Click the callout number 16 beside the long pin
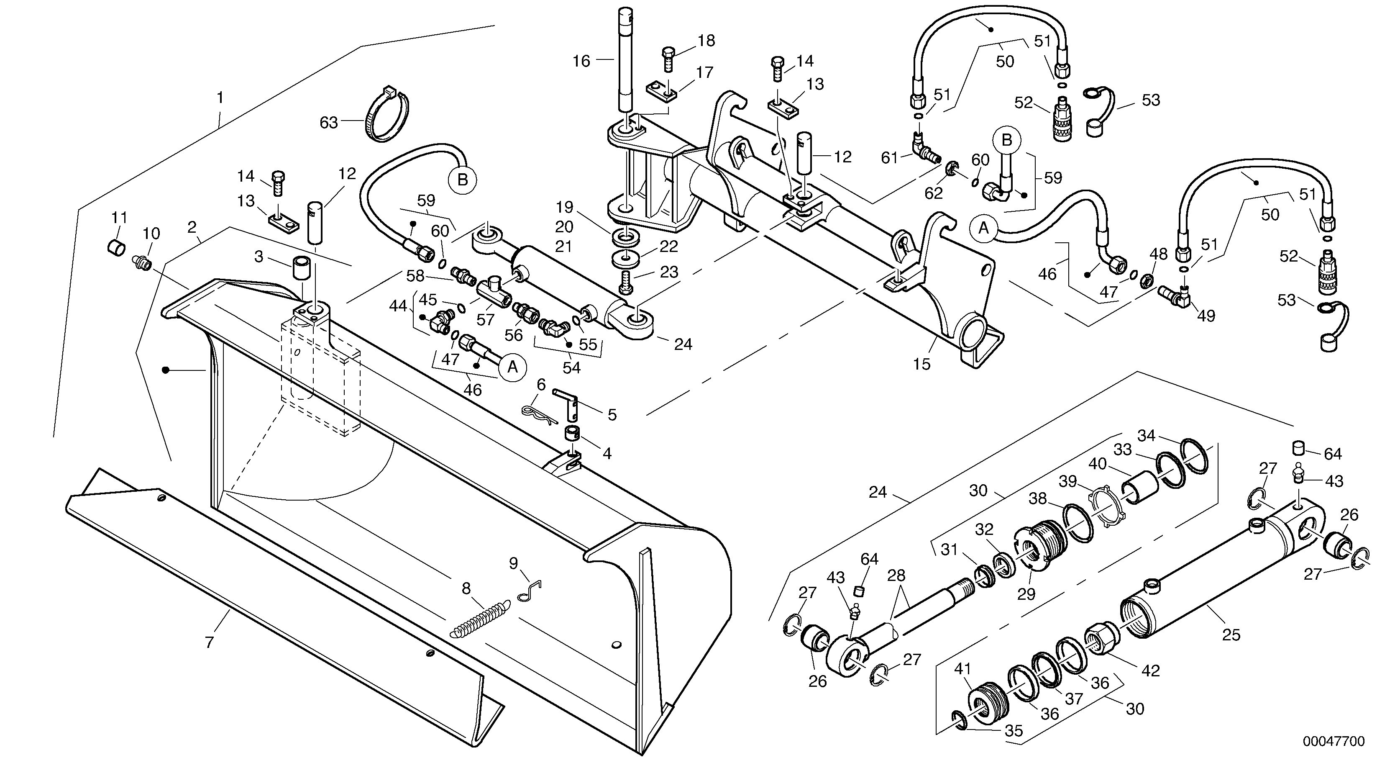tap(581, 61)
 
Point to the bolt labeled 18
tap(668, 57)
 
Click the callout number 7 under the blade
tap(210, 643)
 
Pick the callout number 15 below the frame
tap(921, 364)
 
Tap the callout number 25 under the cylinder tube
tap(1231, 635)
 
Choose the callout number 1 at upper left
tap(220, 98)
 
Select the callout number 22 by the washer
tap(668, 247)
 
